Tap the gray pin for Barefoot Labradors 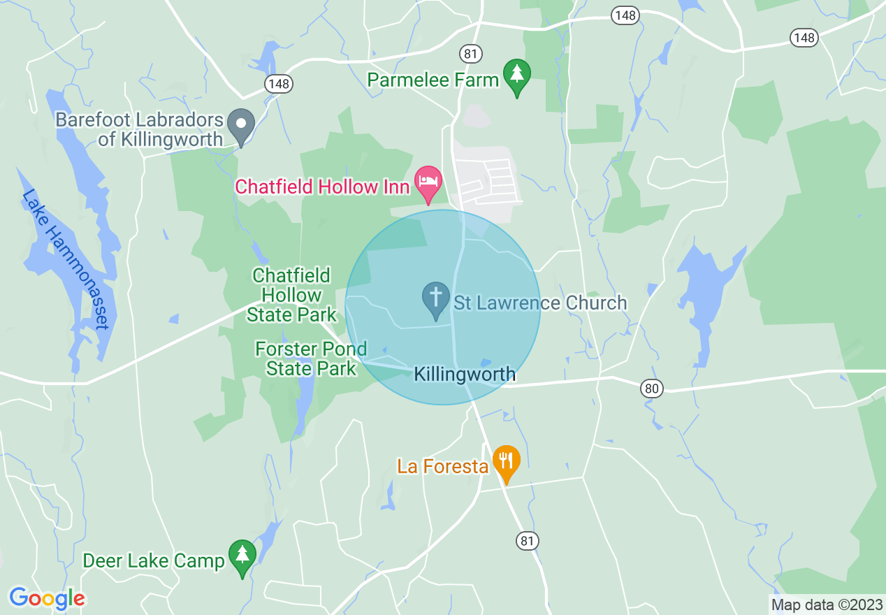coord(241,126)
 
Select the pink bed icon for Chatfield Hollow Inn coord(428,182)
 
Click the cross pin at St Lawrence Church coord(436,298)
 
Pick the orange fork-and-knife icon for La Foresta coord(506,462)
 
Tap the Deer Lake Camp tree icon coord(242,556)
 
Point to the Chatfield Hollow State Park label coord(291,295)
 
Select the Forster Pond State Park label coord(311,359)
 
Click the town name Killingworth coord(465,375)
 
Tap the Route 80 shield coord(651,389)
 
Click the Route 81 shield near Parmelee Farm coord(470,53)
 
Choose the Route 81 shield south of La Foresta coord(528,540)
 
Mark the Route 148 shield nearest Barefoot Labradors coord(278,84)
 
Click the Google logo coord(47,598)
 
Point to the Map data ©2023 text coord(825,604)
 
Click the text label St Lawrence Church coord(540,303)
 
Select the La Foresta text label coord(442,466)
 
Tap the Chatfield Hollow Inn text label coord(322,187)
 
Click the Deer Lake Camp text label coord(154,560)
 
